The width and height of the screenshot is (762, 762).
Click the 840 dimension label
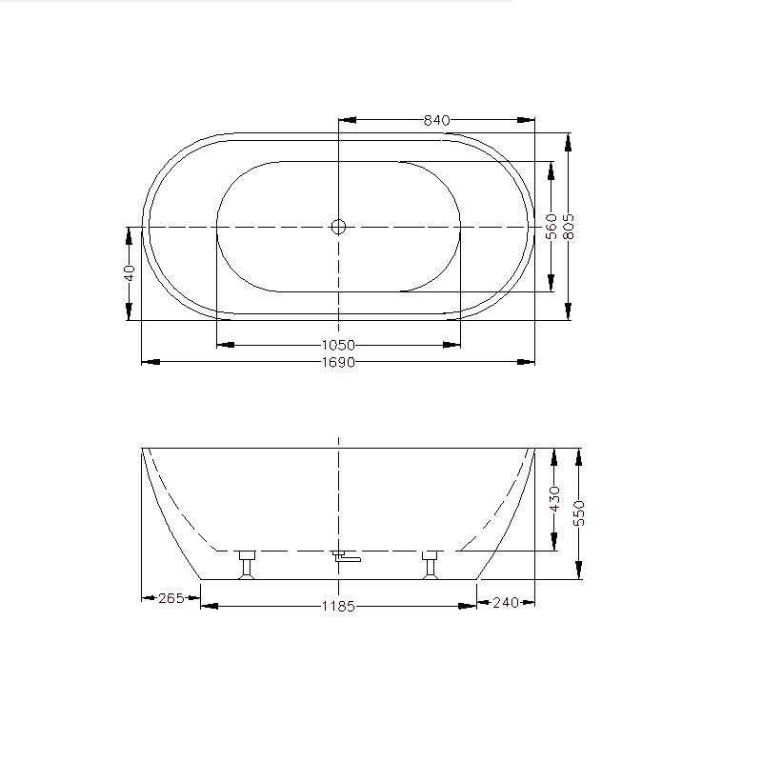tap(436, 120)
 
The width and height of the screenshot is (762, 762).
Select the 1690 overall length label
tap(338, 362)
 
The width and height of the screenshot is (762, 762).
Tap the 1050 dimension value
tap(338, 345)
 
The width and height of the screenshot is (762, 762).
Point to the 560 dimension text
tap(551, 227)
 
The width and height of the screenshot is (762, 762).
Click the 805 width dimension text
tap(568, 227)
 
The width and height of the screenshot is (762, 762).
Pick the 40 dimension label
tap(129, 272)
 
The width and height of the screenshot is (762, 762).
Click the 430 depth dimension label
tap(554, 498)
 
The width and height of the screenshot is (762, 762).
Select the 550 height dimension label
tap(579, 513)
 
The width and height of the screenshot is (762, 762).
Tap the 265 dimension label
tap(171, 598)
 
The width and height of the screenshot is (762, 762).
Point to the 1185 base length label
tap(338, 607)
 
